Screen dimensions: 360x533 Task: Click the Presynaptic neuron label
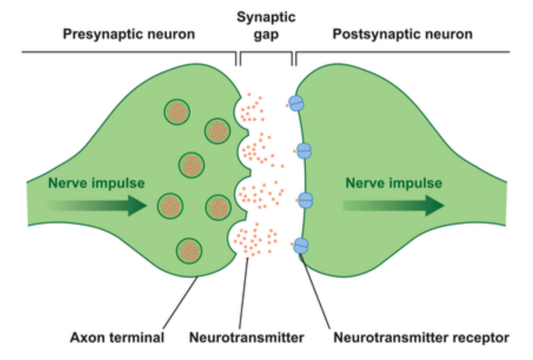pyautogui.click(x=129, y=35)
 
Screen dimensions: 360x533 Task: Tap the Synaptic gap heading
pyautogui.click(x=266, y=26)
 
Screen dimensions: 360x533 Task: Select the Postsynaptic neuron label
pyautogui.click(x=403, y=35)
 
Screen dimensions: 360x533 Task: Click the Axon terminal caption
pyautogui.click(x=117, y=337)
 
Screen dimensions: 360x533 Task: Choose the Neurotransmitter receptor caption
pyautogui.click(x=421, y=337)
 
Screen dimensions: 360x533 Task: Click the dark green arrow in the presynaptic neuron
pyautogui.click(x=100, y=205)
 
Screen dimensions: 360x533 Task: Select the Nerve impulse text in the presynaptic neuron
pyautogui.click(x=96, y=183)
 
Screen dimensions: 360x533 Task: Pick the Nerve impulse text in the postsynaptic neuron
pyautogui.click(x=393, y=183)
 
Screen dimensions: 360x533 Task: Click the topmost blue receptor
pyautogui.click(x=296, y=103)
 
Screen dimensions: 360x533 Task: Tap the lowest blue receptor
pyautogui.click(x=301, y=245)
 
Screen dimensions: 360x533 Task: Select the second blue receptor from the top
pyautogui.click(x=304, y=151)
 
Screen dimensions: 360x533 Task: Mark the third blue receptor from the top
pyautogui.click(x=305, y=200)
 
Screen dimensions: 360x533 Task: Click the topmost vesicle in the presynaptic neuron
pyautogui.click(x=177, y=112)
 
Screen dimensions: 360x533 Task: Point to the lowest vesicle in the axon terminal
pyautogui.click(x=189, y=251)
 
